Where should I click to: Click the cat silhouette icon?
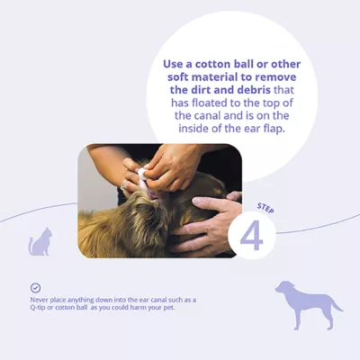click(40, 241)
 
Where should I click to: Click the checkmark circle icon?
click(35, 287)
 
